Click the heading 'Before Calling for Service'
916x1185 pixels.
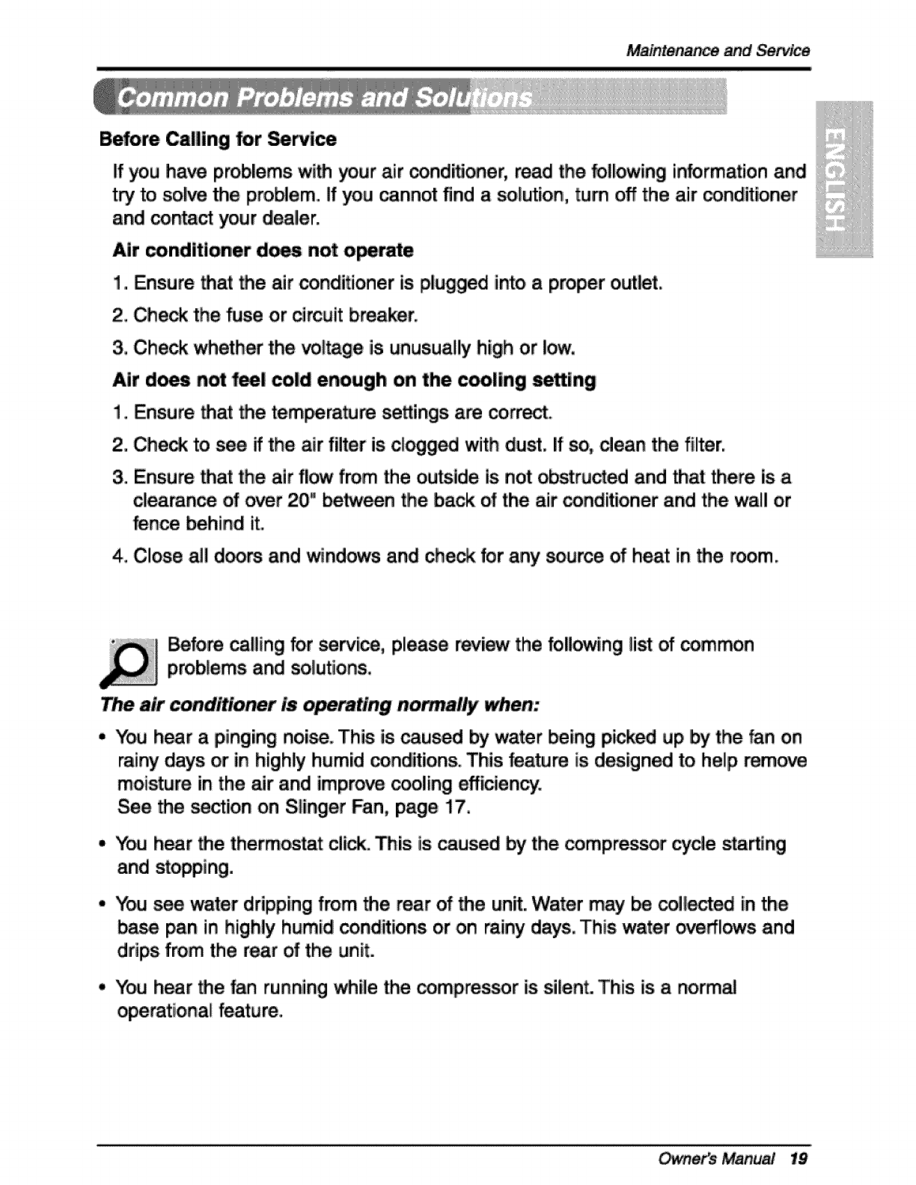(218, 140)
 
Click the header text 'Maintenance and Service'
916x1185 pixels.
(718, 51)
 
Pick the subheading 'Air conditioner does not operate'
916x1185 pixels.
(263, 250)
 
